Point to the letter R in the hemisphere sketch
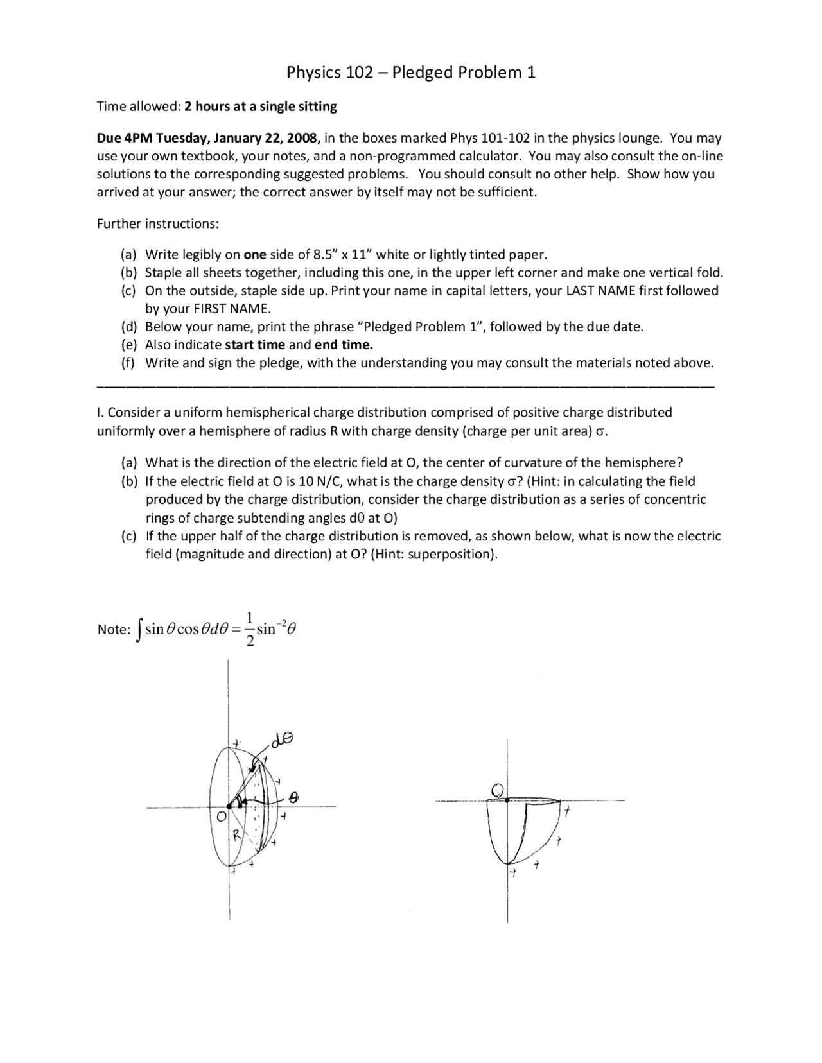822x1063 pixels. click(x=236, y=835)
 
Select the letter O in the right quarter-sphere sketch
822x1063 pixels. click(x=497, y=789)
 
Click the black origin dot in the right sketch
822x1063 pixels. click(x=507, y=800)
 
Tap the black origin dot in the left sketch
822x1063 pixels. click(x=229, y=807)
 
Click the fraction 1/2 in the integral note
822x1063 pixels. click(x=250, y=630)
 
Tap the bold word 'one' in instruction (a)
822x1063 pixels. click(x=255, y=254)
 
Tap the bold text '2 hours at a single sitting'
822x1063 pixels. click(x=260, y=107)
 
